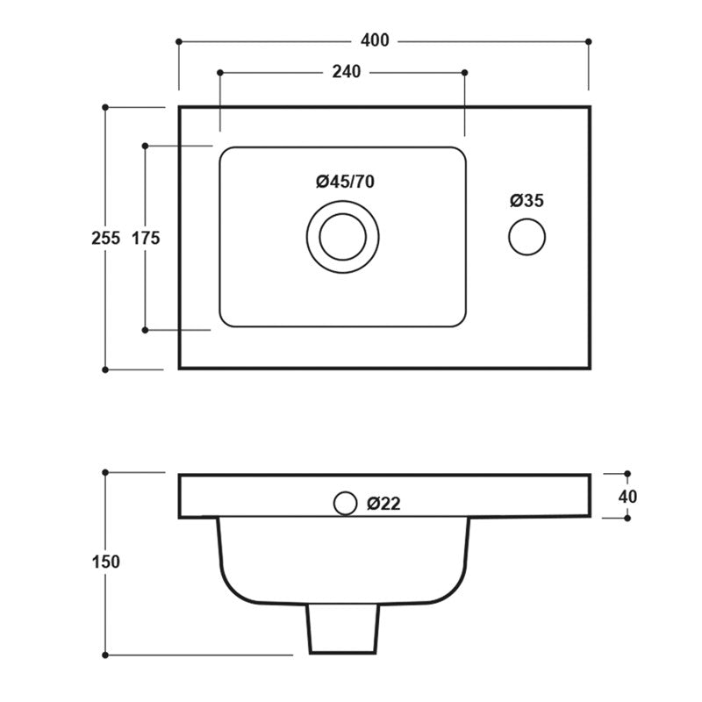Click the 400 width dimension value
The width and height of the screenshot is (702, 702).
[375, 40]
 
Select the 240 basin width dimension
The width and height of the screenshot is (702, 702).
[347, 72]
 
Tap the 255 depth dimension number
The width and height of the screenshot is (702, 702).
[105, 237]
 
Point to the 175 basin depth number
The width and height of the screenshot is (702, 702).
[146, 237]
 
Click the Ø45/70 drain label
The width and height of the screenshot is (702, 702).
[345, 182]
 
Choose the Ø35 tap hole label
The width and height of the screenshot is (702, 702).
[527, 200]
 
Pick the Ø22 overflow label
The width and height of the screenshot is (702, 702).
[384, 504]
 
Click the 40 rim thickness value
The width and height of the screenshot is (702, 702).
[627, 496]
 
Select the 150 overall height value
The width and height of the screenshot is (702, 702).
[105, 562]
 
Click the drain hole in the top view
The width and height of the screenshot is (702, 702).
[343, 236]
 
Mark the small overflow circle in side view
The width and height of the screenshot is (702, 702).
[345, 503]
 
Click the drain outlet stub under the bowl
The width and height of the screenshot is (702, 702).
[343, 630]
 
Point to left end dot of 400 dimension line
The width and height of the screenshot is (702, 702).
[179, 40]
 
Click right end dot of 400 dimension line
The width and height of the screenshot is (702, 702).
[588, 40]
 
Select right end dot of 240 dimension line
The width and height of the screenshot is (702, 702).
[464, 72]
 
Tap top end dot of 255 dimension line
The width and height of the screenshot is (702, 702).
[105, 107]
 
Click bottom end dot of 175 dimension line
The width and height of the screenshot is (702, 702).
[146, 330]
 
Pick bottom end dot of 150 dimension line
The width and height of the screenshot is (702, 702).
[105, 655]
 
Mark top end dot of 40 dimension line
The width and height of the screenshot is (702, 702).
[627, 474]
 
